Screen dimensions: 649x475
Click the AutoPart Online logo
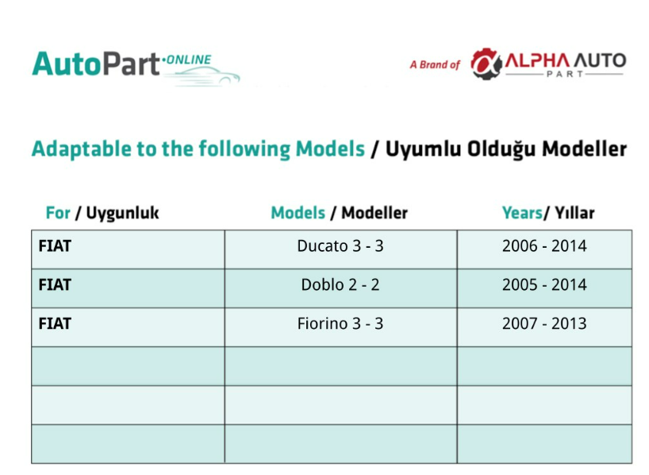coord(136,68)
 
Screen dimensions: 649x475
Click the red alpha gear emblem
coord(486,64)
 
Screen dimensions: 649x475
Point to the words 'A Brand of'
coord(435,64)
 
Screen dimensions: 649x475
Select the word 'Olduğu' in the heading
coord(501,149)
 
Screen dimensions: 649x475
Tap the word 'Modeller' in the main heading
coord(585,149)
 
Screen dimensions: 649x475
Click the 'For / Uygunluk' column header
coord(102,213)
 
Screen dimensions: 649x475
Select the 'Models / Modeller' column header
coord(340,213)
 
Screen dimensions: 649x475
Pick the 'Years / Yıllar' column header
coord(548,213)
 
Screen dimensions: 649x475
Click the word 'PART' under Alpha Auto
coord(565,74)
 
